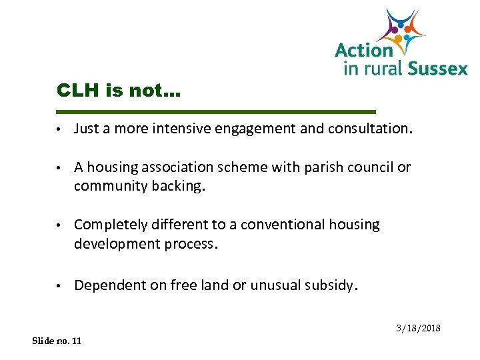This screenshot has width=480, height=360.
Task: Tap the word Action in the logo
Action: (x=364, y=51)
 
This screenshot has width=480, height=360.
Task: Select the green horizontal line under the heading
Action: (x=217, y=111)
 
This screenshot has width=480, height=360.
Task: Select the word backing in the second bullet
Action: (x=181, y=186)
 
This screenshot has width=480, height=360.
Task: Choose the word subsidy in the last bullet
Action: (x=331, y=285)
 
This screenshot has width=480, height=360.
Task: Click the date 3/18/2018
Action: (x=419, y=329)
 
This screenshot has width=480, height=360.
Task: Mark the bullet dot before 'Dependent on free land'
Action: (x=59, y=286)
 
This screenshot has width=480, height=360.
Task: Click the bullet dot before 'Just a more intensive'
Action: (x=59, y=129)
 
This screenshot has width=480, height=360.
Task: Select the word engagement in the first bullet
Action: (x=256, y=129)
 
